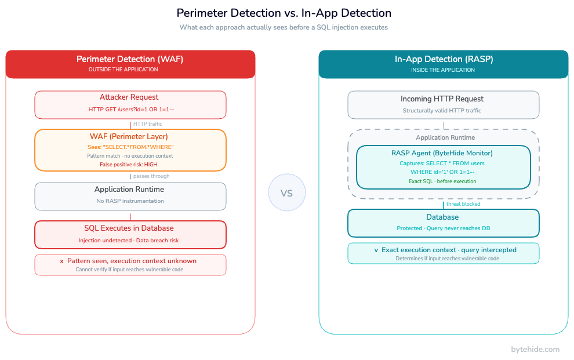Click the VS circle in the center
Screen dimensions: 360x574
tap(286, 192)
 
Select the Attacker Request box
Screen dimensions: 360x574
tap(130, 104)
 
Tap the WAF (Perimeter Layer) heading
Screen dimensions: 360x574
tap(130, 137)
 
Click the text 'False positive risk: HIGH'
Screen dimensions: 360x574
tap(130, 165)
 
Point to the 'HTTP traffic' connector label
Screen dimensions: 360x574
tap(147, 124)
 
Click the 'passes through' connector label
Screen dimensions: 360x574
tap(151, 176)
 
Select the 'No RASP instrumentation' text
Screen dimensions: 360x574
tap(130, 201)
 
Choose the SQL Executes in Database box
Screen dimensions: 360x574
tap(130, 234)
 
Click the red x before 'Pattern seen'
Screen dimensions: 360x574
tap(61, 261)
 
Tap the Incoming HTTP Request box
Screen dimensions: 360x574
tap(443, 104)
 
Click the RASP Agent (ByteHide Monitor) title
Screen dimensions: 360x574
tap(443, 154)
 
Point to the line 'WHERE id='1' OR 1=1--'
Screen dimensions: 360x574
tap(443, 172)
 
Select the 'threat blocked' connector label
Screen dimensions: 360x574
tap(463, 204)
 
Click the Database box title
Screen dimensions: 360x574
tap(443, 217)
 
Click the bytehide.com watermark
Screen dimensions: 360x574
tap(535, 349)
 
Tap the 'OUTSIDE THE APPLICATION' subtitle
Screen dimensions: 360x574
tap(123, 70)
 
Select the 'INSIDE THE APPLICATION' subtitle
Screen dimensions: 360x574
tap(443, 70)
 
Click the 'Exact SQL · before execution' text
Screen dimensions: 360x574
tap(443, 181)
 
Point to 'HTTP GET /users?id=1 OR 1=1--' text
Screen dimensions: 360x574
tap(130, 109)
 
